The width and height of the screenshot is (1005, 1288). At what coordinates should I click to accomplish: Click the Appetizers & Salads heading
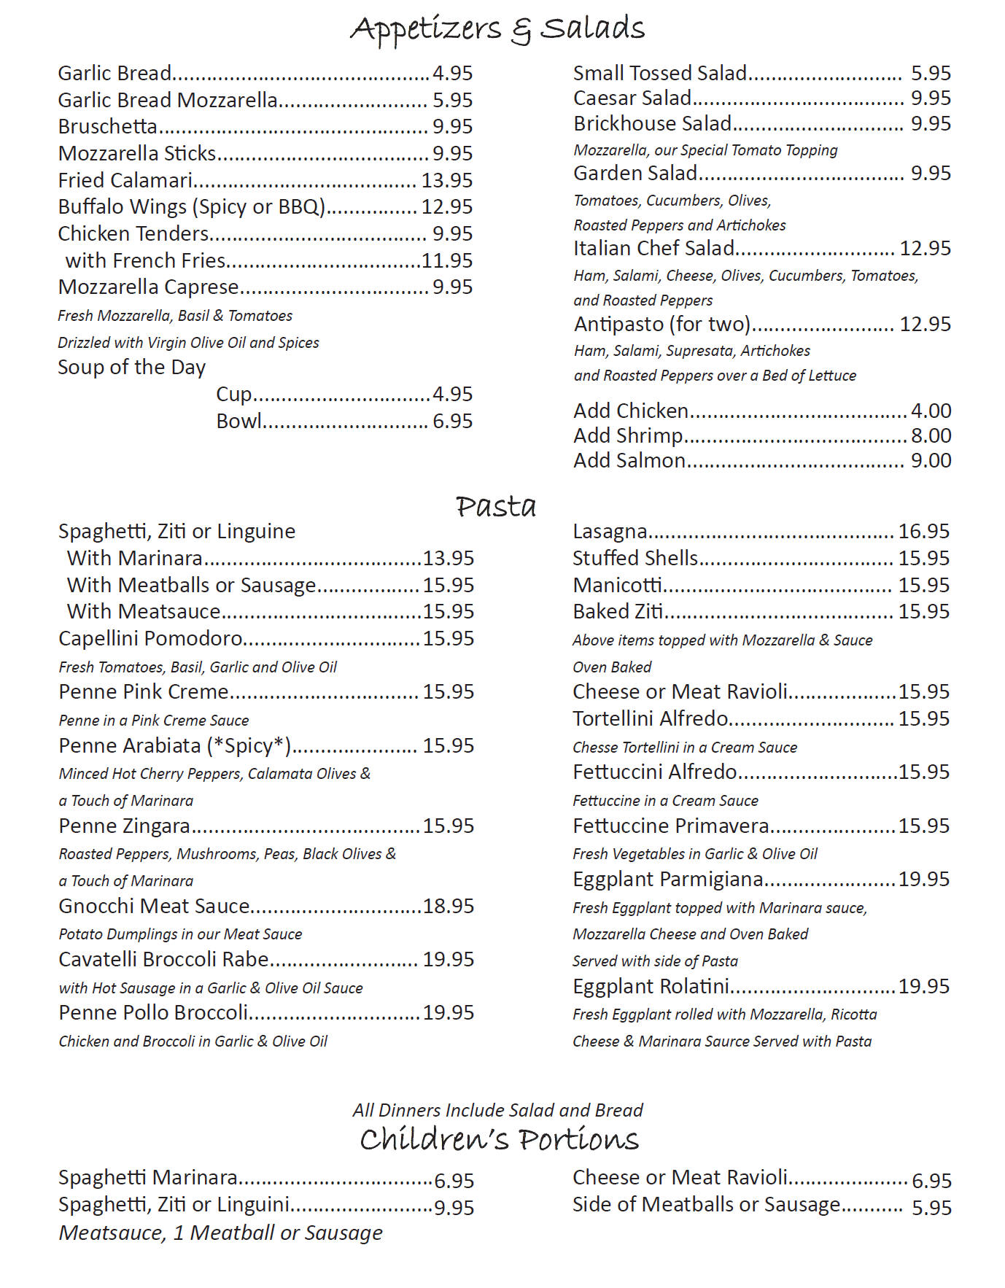tap(497, 29)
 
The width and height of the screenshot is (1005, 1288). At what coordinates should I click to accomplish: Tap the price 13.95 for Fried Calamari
tap(446, 180)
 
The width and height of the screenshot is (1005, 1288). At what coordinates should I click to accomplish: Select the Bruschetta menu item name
tap(108, 127)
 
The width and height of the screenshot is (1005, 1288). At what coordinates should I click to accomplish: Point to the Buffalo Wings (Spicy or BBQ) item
tap(191, 207)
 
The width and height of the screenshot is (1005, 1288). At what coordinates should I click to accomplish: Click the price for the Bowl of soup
tap(452, 422)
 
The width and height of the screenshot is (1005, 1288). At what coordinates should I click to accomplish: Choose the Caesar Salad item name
tap(632, 98)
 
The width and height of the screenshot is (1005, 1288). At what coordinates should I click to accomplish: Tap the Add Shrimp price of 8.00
tap(931, 436)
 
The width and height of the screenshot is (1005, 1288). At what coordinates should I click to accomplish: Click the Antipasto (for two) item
tap(661, 324)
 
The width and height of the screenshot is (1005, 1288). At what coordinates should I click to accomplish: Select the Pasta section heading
tap(496, 506)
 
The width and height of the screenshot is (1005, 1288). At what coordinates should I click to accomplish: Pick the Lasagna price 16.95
tap(923, 532)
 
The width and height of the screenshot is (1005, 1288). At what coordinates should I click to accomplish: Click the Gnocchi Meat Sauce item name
tap(154, 907)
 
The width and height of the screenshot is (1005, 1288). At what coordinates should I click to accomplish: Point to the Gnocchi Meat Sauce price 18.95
tap(448, 907)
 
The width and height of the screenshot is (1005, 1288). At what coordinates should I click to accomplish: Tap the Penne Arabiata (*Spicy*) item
tap(175, 746)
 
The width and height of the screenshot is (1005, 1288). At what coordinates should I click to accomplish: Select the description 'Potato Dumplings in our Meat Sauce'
tap(180, 934)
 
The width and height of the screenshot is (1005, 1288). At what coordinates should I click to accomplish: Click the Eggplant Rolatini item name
tap(651, 987)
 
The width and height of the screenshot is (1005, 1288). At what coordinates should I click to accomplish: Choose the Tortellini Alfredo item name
tap(650, 719)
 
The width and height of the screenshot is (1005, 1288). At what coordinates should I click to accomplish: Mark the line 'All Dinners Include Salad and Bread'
tap(497, 1110)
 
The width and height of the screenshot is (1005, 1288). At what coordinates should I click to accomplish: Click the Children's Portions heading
tap(499, 1139)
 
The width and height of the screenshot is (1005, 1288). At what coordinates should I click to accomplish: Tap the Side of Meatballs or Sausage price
tap(931, 1208)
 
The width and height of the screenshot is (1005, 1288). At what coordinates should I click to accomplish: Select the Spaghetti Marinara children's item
tap(148, 1178)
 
